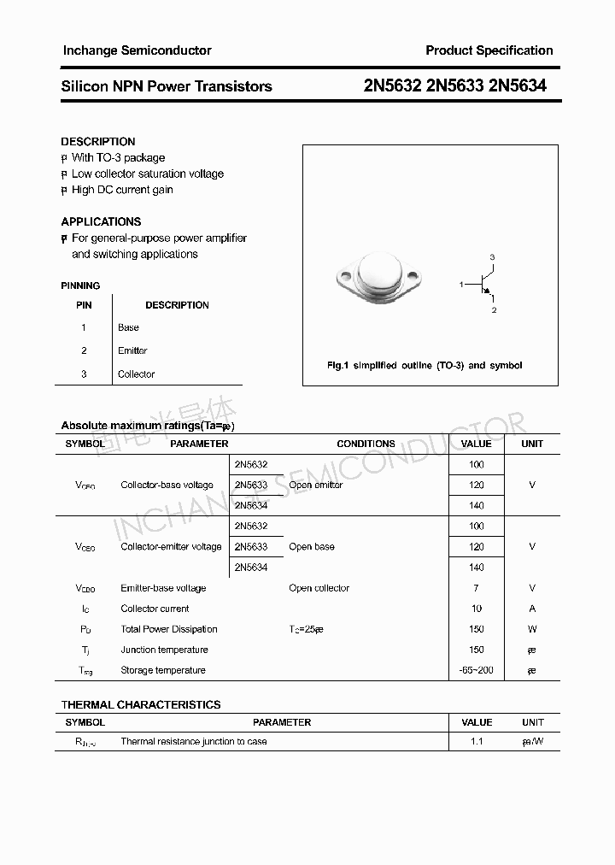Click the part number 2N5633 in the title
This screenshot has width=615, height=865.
pos(455,85)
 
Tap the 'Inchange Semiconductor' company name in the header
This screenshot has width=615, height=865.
pos(137,50)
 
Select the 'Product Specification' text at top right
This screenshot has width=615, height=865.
pos(489,50)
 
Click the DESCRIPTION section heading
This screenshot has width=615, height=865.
pos(98,142)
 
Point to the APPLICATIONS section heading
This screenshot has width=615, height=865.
pos(101,221)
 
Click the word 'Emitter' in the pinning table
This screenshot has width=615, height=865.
pos(132,350)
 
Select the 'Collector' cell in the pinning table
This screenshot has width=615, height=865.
pos(136,374)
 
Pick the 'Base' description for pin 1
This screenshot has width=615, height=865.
pos(128,327)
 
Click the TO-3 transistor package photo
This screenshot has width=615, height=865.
pos(377,279)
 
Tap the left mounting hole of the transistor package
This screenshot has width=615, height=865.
pos(345,276)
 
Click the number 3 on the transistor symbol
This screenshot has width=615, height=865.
pos(492,256)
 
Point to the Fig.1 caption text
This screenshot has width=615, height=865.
pos(425,365)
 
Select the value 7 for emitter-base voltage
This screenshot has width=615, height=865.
pos(476,588)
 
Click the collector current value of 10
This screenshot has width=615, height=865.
pos(476,609)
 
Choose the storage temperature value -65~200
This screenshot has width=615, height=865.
pos(476,670)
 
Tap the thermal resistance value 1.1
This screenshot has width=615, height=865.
pos(476,742)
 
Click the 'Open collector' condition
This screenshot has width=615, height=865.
pos(319,588)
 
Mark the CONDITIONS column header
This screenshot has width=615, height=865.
pos(366,444)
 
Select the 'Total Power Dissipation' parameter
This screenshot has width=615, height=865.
pos(169,629)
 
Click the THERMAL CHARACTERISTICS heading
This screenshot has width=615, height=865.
pos(141,705)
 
